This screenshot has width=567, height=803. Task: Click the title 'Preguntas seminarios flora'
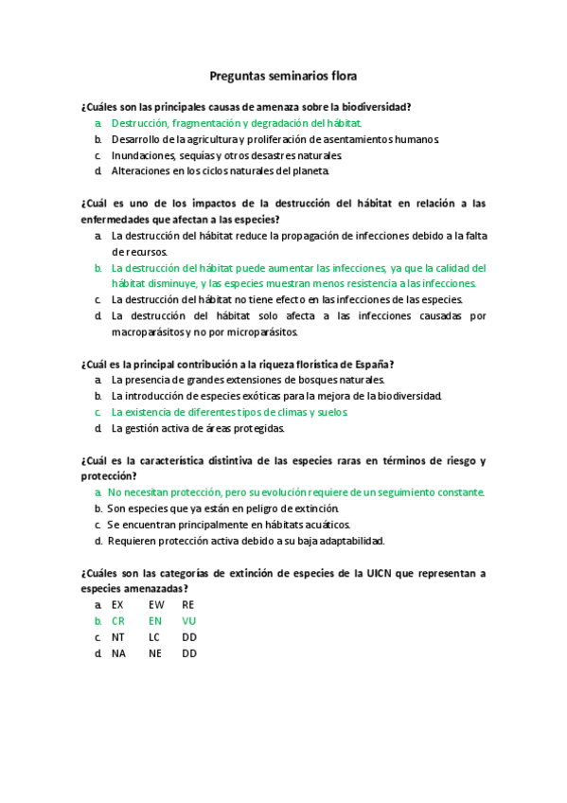tap(283, 76)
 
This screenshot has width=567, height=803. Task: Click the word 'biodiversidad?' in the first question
tap(387, 107)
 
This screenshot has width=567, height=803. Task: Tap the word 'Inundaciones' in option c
tap(142, 155)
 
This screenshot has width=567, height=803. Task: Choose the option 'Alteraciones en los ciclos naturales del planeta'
tap(221, 171)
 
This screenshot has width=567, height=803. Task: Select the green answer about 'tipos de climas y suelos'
tap(230, 413)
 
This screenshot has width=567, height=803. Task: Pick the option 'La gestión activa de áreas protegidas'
tap(198, 429)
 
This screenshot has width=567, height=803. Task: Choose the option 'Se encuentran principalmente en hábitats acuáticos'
tap(229, 525)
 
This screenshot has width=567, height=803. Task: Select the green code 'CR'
tap(118, 621)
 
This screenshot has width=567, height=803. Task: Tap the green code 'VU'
tap(189, 621)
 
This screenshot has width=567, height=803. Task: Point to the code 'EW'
tap(155, 605)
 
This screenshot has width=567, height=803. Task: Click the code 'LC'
tap(155, 637)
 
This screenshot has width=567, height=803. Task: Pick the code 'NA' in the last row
tap(118, 653)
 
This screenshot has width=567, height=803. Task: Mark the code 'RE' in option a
tap(188, 605)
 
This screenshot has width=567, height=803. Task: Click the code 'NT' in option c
tap(118, 637)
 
